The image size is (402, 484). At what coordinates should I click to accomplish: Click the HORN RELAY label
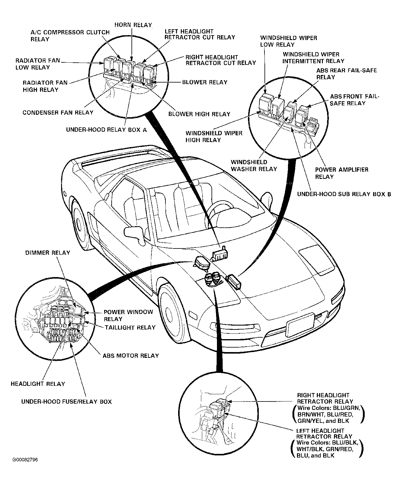click(x=133, y=25)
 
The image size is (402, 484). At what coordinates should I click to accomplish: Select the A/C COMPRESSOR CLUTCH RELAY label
click(x=70, y=36)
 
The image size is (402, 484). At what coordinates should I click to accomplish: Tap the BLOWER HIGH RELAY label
click(x=199, y=114)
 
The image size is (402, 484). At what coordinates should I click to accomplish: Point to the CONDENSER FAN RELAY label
click(x=58, y=113)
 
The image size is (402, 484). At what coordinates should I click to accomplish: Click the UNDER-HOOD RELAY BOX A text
click(x=107, y=130)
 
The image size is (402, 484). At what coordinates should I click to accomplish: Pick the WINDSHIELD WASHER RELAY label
click(x=254, y=166)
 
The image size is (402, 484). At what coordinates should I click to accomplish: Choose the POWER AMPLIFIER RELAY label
click(x=342, y=173)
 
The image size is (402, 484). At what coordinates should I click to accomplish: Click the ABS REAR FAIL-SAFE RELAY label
click(x=346, y=74)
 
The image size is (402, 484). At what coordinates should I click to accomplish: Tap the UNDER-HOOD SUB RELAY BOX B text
click(x=344, y=194)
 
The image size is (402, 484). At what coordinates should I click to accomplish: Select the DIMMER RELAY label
click(x=48, y=253)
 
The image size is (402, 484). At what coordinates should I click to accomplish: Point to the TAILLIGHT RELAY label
click(x=130, y=327)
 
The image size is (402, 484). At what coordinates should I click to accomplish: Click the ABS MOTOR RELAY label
click(x=131, y=356)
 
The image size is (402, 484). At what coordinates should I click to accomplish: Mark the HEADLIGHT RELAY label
click(x=38, y=384)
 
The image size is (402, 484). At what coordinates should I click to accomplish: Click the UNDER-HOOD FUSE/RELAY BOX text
click(x=66, y=401)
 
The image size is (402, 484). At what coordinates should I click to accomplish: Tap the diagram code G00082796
click(x=25, y=460)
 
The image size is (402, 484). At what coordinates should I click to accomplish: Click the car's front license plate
click(x=300, y=325)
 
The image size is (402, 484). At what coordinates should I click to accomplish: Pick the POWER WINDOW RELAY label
click(x=128, y=315)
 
